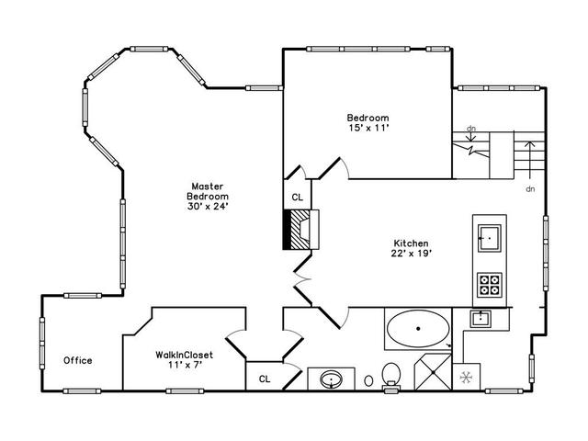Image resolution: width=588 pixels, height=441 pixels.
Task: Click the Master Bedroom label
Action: coord(208,191)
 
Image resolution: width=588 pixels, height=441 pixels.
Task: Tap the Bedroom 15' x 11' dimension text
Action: coord(368,128)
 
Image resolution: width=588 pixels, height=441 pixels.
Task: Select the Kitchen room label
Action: coord(411,243)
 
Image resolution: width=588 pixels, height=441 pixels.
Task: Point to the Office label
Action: coord(77,360)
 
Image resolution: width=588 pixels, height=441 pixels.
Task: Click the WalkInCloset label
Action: coord(184,355)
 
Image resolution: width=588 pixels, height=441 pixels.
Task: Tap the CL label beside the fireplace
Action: coord(298,198)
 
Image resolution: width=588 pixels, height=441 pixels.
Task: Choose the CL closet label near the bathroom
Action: coord(265,379)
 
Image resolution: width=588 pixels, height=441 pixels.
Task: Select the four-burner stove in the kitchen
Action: coord(490,285)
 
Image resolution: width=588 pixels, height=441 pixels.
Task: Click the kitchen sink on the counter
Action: coord(489,238)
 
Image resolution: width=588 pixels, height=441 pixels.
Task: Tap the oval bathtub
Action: coord(418,329)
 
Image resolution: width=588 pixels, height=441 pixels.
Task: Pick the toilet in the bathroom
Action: coord(391,376)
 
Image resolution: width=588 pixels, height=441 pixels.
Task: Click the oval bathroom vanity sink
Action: coord(331,379)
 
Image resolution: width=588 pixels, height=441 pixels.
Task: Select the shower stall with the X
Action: coord(433,372)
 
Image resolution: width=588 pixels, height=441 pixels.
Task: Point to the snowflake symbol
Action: coord(466,378)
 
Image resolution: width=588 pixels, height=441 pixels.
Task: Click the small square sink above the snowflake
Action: coord(481,319)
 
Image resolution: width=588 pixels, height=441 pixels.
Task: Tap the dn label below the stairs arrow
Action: coord(530,189)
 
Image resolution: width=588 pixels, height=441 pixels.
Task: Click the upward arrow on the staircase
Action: coord(529,160)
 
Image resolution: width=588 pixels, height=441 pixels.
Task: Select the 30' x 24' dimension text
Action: coord(208,206)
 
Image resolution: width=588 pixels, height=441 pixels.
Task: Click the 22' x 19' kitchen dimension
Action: coord(412,254)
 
